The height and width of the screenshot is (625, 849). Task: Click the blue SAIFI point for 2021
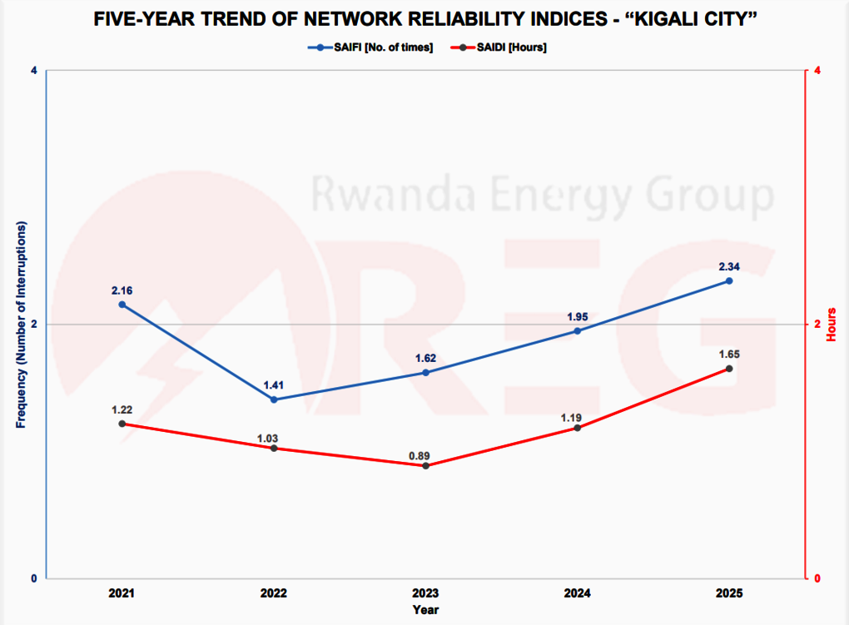coord(122,305)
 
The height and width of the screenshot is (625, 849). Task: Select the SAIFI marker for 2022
coord(274,399)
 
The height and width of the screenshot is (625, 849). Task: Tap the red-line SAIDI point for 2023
coord(425,465)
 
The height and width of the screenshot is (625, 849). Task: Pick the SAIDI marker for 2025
coord(729,369)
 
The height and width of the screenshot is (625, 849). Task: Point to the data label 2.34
coord(729,267)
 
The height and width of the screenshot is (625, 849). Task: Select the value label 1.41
coord(274,385)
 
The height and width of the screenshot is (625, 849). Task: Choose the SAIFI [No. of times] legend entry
coord(370,47)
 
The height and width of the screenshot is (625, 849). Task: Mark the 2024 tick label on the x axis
coord(578,593)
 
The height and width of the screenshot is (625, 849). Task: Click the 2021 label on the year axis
coord(122,593)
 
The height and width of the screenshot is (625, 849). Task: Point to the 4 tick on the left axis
coord(34,71)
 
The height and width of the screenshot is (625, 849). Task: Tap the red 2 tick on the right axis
coord(818,324)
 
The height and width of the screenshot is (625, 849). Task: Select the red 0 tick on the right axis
coord(818,578)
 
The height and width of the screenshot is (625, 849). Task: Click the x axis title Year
coord(425,610)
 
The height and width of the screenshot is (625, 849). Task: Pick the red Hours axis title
coord(832,324)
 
